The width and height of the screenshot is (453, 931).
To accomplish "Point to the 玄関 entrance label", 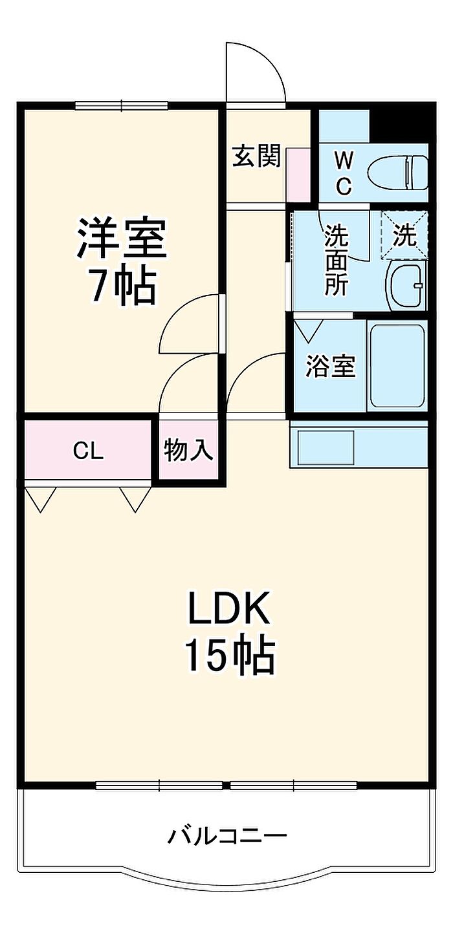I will coord(257,156).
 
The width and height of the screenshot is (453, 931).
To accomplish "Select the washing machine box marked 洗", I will coord(404,235).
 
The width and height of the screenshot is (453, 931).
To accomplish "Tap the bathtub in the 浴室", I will coord(397,366).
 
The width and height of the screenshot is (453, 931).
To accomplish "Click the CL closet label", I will coord(88,451).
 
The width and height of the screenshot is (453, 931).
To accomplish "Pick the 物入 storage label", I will coord(188,450).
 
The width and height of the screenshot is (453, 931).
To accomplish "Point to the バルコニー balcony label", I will coord(227,837).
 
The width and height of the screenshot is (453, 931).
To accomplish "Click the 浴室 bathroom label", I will coord(331,367).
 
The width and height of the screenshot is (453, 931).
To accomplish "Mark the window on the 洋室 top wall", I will coord(121,105).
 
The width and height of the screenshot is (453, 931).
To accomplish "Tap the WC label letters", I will coord(344,171).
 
